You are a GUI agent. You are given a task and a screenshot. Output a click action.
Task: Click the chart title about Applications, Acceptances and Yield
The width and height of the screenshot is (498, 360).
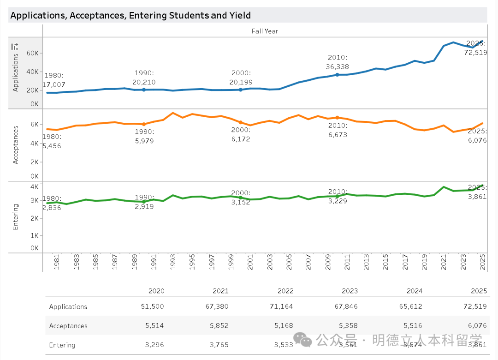point(130,15)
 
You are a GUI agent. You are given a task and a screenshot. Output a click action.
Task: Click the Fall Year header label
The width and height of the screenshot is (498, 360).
point(265,31)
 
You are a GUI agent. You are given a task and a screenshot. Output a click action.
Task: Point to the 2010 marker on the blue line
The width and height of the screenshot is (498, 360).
point(337,75)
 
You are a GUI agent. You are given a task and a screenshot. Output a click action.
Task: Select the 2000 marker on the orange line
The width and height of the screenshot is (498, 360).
point(240,122)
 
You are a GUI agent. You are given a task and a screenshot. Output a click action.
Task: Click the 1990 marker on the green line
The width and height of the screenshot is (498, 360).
point(143,202)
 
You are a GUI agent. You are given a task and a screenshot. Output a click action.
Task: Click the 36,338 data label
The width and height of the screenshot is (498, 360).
point(337,66)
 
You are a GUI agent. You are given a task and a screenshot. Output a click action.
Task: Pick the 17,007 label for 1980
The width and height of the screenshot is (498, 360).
point(53,85)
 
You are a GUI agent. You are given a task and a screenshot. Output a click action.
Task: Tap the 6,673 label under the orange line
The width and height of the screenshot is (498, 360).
point(337,135)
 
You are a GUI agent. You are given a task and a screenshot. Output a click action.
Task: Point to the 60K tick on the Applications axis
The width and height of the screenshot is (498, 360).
point(32,53)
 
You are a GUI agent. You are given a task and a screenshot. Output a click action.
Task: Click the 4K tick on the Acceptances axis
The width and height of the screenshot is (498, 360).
point(34,143)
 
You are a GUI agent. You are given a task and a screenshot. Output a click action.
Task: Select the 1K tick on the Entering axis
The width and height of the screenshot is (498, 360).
point(34,235)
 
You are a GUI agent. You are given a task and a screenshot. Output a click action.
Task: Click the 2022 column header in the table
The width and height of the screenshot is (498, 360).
point(285,291)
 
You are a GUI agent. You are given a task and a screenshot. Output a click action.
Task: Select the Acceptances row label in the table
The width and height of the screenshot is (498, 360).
point(68,326)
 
